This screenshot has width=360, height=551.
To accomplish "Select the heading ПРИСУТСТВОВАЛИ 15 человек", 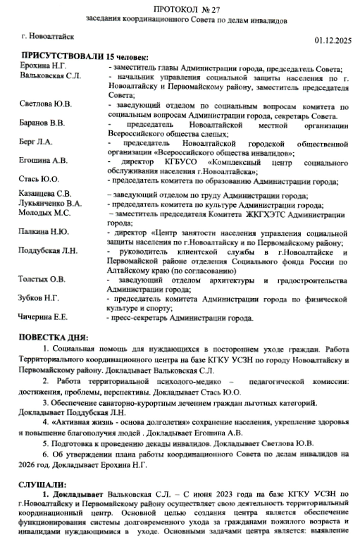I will tap(85, 56).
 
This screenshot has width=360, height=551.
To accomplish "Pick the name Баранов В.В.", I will tap(43, 123).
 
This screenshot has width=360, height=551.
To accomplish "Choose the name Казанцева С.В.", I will tap(46, 194).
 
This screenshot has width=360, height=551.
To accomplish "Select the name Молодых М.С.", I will tap(45, 213).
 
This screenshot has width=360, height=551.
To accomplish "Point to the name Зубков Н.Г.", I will tap(39, 298).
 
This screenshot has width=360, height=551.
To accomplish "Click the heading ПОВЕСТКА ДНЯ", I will tap(54, 338).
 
